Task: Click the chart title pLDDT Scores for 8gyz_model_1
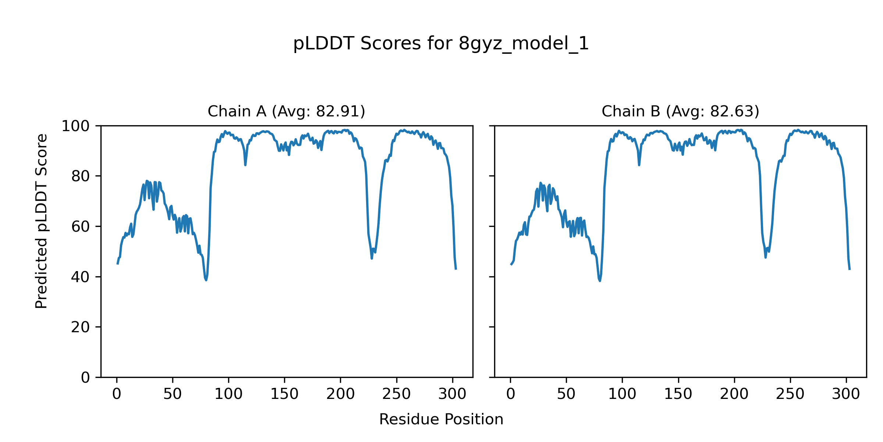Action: pyautogui.click(x=441, y=43)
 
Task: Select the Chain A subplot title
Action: pyautogui.click(x=286, y=111)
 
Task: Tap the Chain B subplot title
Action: pyautogui.click(x=680, y=111)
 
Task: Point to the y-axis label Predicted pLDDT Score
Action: pyautogui.click(x=41, y=221)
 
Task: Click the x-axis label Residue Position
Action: pyautogui.click(x=441, y=420)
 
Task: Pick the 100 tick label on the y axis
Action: pyautogui.click(x=75, y=126)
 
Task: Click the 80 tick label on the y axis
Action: pyautogui.click(x=81, y=176)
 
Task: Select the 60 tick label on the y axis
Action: pyautogui.click(x=81, y=227)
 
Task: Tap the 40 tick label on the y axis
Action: pyautogui.click(x=81, y=277)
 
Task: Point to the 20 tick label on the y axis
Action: pyautogui.click(x=81, y=327)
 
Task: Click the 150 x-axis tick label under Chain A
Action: pyautogui.click(x=284, y=394)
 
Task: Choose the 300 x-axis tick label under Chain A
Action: pyautogui.click(x=452, y=394)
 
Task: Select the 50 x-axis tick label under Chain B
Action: pyautogui.click(x=566, y=394)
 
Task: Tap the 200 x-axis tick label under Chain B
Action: pyautogui.click(x=734, y=394)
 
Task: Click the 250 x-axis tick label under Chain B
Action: pyautogui.click(x=790, y=394)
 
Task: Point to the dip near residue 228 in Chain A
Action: pyautogui.click(x=372, y=258)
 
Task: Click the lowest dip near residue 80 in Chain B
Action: pyautogui.click(x=600, y=281)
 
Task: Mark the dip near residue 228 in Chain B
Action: pyautogui.click(x=766, y=257)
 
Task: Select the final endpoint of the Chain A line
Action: pyautogui.click(x=456, y=269)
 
